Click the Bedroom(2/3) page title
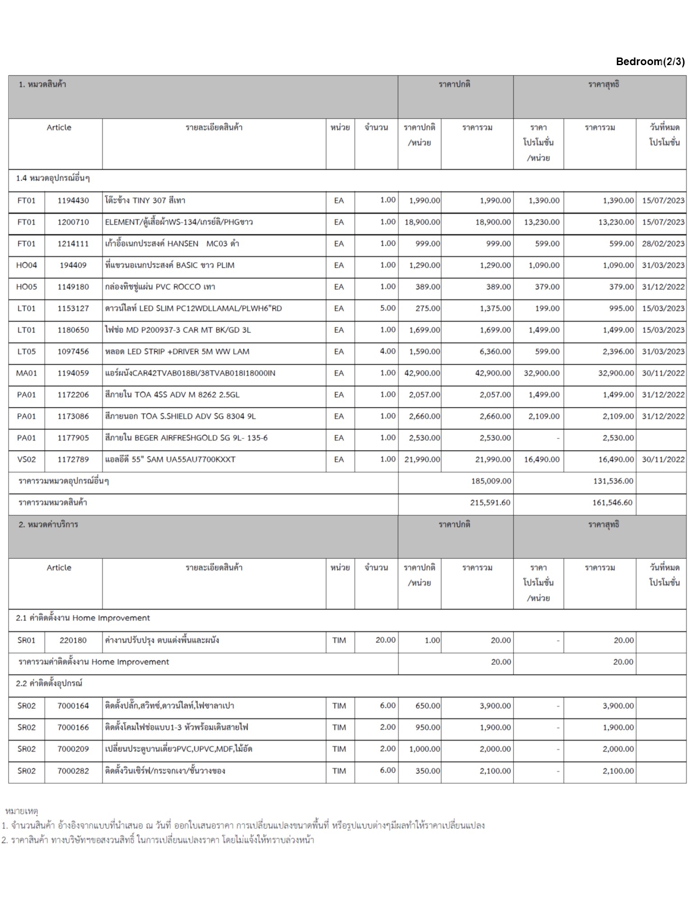coord(650,62)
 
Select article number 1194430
coord(73,200)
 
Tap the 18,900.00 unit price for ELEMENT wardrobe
coord(422,222)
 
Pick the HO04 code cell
coord(26,265)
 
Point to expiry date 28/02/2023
coord(663,243)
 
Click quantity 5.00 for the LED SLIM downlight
coord(387,308)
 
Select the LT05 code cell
coord(26,351)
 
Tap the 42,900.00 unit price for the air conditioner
coord(422,373)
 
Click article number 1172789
coord(73,459)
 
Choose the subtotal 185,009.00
coord(491,481)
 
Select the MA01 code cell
coord(26,373)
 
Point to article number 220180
coord(73,640)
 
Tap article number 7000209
coord(73,749)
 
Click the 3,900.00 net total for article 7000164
coord(618,706)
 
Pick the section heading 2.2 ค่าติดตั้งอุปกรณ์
coord(49,683)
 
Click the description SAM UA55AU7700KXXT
coord(170,459)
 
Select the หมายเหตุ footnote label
coord(22,811)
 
